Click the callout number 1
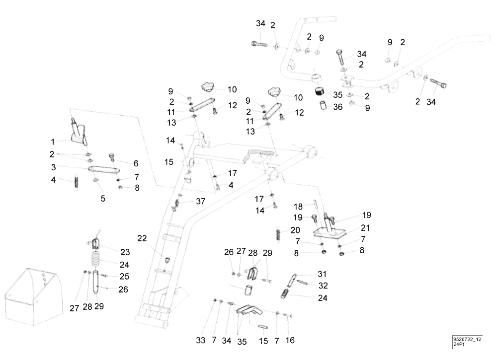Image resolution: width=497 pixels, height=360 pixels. coord(53,142)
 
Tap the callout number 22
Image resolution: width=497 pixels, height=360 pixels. coord(142,238)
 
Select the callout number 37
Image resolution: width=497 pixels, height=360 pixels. coord(200,201)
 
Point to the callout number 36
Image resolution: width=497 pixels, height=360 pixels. coord(338,107)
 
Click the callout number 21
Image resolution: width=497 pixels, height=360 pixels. coord(365,227)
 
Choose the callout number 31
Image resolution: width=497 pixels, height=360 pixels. coord(322,274)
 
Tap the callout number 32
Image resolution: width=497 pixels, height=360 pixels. coord(323,286)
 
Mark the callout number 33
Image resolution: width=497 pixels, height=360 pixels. coord(201,340)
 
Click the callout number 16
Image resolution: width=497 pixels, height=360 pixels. coord(290,340)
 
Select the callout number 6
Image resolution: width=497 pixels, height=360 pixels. coord(136,163)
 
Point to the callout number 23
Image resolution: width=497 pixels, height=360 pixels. coord(125,252)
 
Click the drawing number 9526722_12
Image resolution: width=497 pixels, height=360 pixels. coord(467,340)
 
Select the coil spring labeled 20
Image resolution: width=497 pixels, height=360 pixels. coord(278,234)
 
